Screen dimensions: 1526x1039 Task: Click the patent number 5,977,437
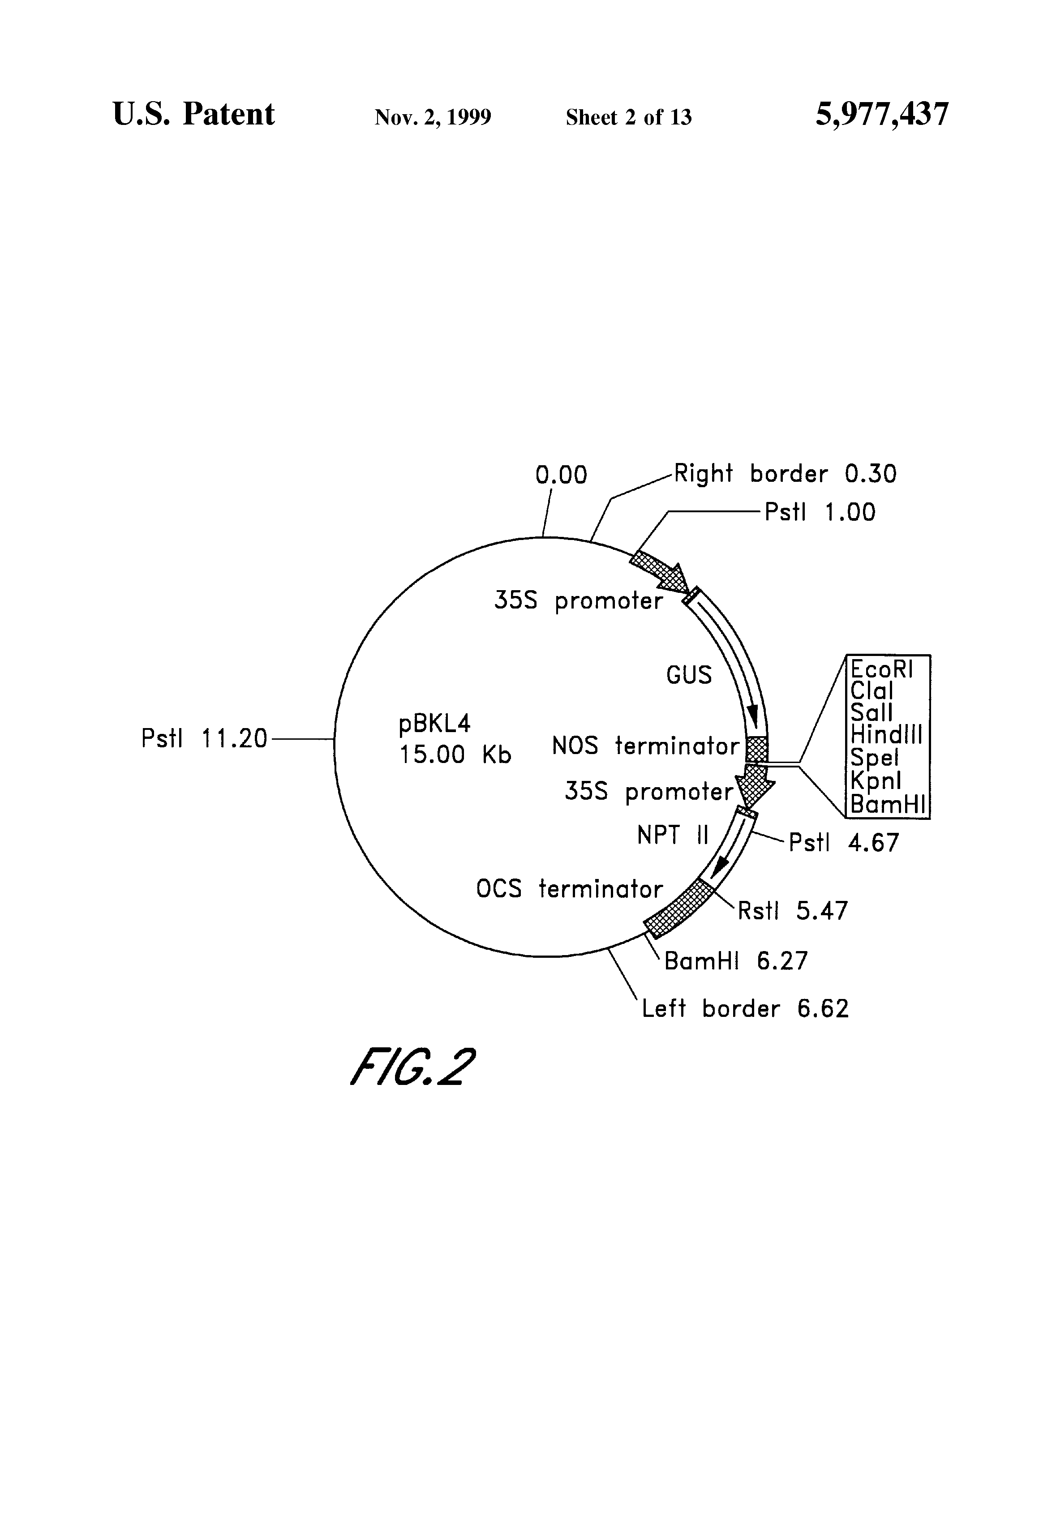(x=881, y=116)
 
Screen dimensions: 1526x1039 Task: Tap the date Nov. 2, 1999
(x=433, y=117)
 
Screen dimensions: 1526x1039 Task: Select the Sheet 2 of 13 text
(x=628, y=117)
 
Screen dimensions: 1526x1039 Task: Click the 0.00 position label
(x=561, y=475)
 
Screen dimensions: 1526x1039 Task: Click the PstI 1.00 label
(x=820, y=513)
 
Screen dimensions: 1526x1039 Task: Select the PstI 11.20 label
(x=204, y=739)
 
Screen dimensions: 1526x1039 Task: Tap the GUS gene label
(x=688, y=675)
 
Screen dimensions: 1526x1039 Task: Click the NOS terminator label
(x=646, y=746)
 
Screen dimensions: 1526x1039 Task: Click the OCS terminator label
(x=569, y=889)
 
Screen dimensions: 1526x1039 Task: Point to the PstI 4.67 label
(x=843, y=842)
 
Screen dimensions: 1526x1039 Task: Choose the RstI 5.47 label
(x=793, y=911)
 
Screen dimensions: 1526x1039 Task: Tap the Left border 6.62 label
(x=745, y=1008)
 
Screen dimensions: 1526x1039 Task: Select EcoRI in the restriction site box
(x=881, y=669)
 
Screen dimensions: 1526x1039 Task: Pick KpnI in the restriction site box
(x=876, y=781)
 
